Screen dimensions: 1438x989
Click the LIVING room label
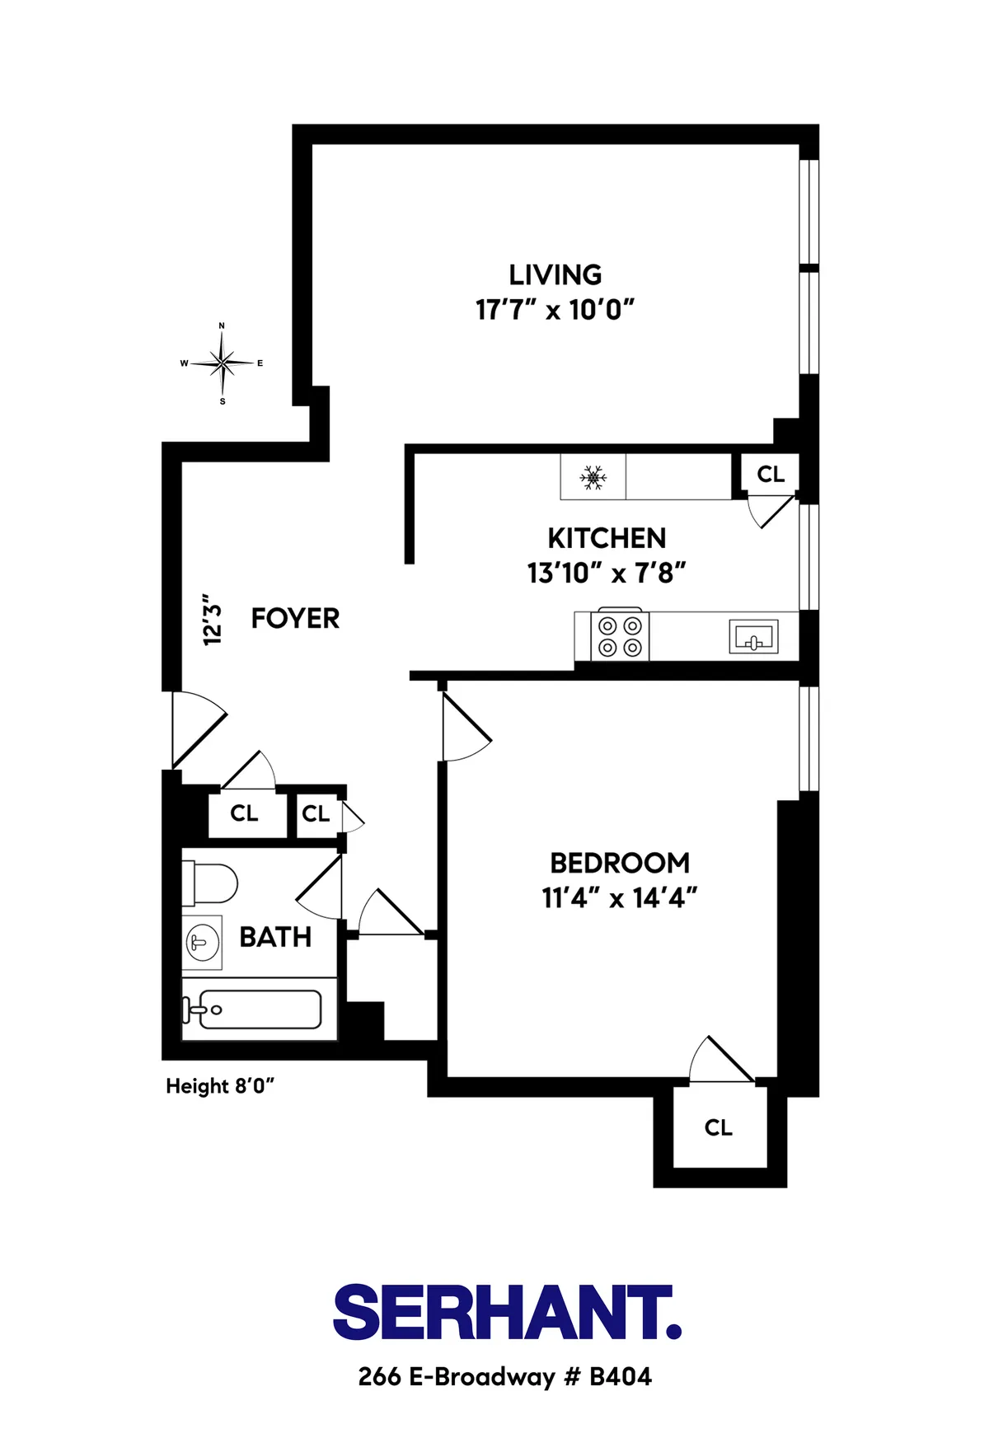[555, 274]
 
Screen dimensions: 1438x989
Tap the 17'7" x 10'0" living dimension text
[555, 310]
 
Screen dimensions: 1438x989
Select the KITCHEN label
[607, 538]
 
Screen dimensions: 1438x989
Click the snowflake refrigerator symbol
[593, 477]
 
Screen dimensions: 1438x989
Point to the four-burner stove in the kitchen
[620, 636]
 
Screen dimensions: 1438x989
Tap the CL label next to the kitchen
[771, 474]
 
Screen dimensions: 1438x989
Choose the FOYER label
[295, 618]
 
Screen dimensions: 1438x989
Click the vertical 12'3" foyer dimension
[213, 619]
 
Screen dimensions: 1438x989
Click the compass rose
[222, 363]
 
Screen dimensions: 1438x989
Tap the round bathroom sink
[201, 942]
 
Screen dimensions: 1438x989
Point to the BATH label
[275, 937]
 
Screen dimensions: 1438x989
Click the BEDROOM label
[620, 863]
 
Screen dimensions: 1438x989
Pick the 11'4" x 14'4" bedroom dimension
[620, 897]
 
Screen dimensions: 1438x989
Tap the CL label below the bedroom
[718, 1127]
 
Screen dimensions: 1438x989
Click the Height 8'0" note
[220, 1086]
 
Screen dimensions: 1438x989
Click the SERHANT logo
[506, 1312]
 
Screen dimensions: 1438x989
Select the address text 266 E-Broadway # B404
[504, 1377]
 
